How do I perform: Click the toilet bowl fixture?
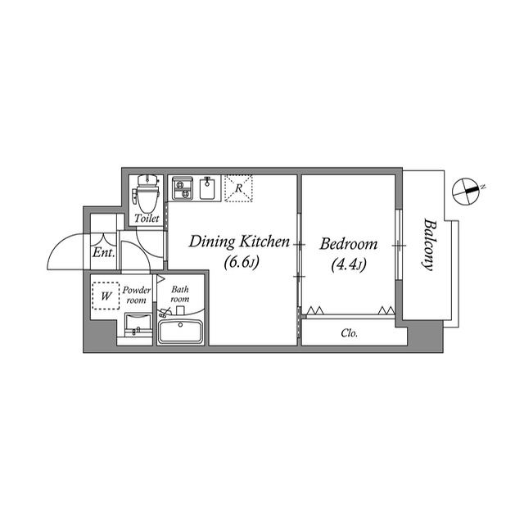[147, 194]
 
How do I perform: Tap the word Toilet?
[147, 219]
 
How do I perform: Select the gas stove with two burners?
[181, 188]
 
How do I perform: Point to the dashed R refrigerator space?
[237, 188]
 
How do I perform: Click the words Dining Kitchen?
[239, 242]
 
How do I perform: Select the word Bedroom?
[348, 244]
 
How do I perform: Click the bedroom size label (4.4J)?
[349, 264]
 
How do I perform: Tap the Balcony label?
[427, 244]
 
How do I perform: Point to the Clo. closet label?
[349, 333]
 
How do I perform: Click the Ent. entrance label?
[102, 253]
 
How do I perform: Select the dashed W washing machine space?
[105, 296]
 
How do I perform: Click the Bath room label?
[179, 293]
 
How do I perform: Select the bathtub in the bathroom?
[181, 332]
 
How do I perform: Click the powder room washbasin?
[136, 324]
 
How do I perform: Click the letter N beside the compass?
[483, 187]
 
